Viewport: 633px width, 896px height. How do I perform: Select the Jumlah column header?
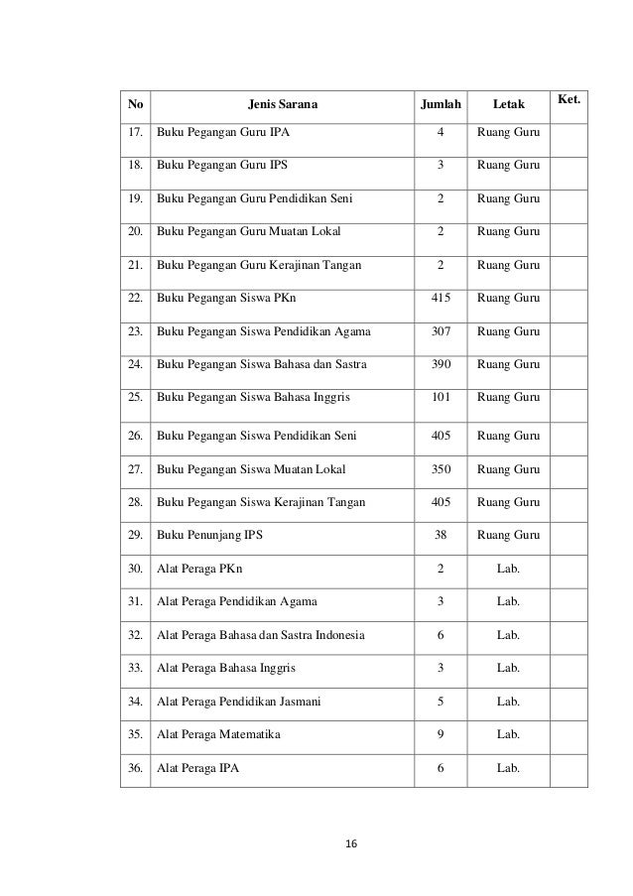[x=441, y=102]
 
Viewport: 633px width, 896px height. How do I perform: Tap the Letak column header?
[x=508, y=102]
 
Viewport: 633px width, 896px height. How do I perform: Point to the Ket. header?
[x=569, y=99]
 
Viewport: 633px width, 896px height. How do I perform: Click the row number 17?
[x=134, y=132]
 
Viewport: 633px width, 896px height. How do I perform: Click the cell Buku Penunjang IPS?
[x=209, y=535]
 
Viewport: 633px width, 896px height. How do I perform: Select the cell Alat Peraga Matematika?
[x=218, y=735]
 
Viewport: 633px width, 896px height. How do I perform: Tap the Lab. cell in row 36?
[x=508, y=768]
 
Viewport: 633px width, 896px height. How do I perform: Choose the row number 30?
[x=134, y=569]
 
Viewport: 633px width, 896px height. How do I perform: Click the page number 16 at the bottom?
[x=349, y=844]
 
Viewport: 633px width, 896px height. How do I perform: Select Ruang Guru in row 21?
[x=508, y=266]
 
